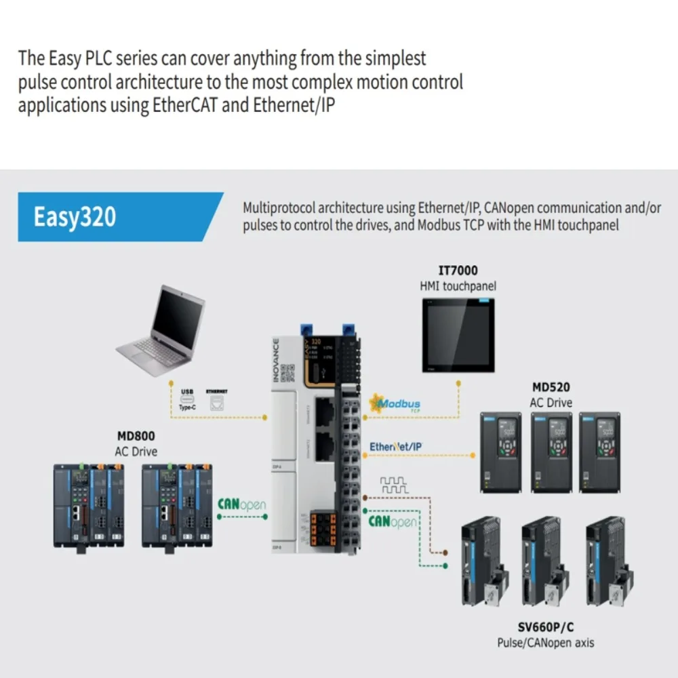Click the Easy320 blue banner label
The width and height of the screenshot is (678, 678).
[x=75, y=218]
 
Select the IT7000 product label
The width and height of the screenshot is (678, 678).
[x=458, y=271]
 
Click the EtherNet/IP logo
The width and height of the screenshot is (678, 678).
[x=396, y=447]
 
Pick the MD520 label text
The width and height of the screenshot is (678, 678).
[x=551, y=388]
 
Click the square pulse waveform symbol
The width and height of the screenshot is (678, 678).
[x=394, y=485]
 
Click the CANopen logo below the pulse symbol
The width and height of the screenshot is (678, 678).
[x=393, y=521]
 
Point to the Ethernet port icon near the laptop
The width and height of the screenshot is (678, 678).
[x=216, y=403]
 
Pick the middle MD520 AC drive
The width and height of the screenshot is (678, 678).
[x=551, y=452]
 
